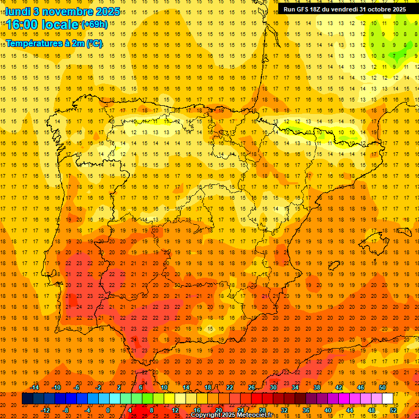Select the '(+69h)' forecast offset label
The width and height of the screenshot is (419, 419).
(94, 24)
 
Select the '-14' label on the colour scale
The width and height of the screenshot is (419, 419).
(34, 387)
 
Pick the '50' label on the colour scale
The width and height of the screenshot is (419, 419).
(382, 387)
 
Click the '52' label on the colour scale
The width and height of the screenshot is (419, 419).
(393, 410)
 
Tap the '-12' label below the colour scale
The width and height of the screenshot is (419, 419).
(45, 410)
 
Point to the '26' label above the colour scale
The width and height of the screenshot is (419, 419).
(252, 387)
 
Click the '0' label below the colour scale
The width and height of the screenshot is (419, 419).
(108, 410)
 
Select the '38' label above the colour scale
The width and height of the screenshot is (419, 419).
(317, 387)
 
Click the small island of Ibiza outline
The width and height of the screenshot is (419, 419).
(333, 266)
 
